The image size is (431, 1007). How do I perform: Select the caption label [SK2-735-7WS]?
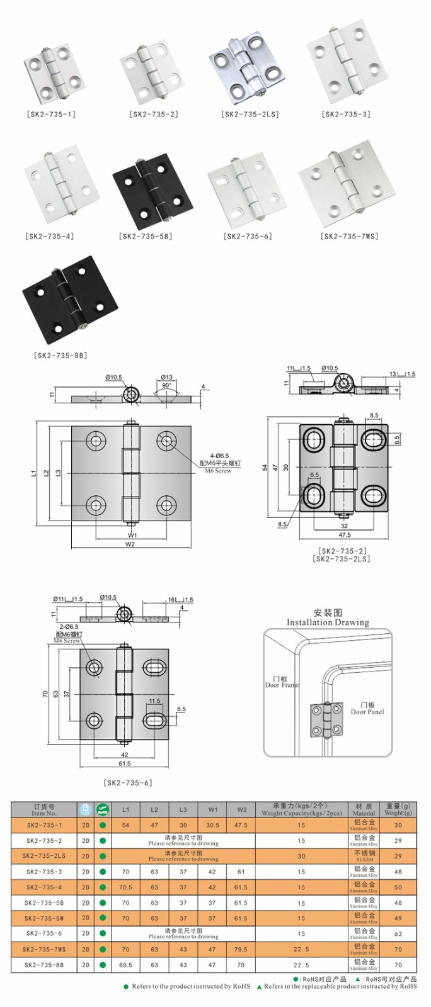(x=350, y=236)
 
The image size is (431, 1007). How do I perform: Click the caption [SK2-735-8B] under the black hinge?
(x=60, y=355)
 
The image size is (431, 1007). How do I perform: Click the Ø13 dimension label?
(x=166, y=377)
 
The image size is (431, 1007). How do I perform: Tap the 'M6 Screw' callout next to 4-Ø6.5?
(x=218, y=471)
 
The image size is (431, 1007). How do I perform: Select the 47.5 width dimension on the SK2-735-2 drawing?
(x=344, y=535)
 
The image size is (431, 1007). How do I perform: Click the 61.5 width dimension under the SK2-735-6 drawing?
(x=124, y=763)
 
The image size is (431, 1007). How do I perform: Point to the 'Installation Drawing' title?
(x=328, y=622)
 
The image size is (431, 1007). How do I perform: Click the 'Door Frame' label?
(x=282, y=685)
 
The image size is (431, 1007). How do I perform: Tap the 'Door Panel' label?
(x=367, y=712)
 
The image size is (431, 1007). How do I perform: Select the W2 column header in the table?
(x=241, y=809)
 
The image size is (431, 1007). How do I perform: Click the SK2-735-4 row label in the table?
(x=44, y=887)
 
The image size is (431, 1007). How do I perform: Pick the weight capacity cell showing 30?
(x=301, y=856)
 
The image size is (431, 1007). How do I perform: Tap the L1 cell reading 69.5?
(x=125, y=964)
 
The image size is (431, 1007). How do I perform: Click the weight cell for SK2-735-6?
(x=398, y=933)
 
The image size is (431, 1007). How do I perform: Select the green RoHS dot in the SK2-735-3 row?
(x=103, y=872)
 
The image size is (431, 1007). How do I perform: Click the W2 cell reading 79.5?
(x=241, y=949)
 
